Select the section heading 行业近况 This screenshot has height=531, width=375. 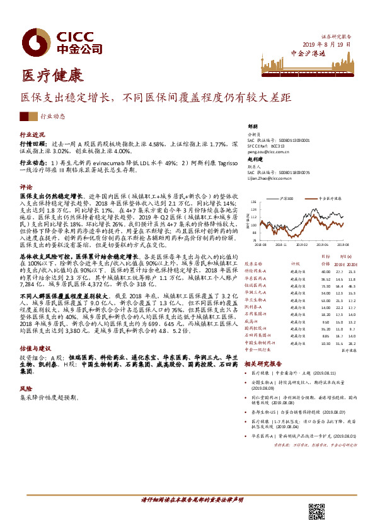tap(32, 135)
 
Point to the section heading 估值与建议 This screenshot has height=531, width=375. tap(35, 347)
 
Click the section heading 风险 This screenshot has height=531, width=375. tap(26, 389)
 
